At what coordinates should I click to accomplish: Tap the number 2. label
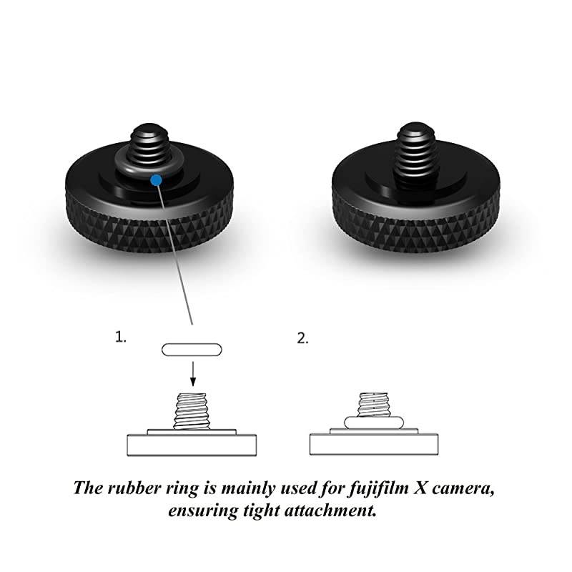click(303, 338)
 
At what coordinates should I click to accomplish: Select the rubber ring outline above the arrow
click(192, 350)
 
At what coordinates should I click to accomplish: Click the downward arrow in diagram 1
click(192, 373)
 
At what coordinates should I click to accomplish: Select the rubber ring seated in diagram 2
click(373, 421)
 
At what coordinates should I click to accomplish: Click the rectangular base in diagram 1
click(192, 445)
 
